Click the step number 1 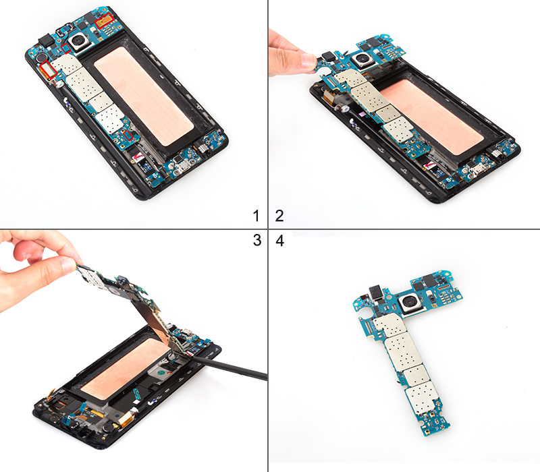click(x=256, y=216)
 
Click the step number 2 click(x=279, y=216)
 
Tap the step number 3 click(x=257, y=240)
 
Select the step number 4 click(x=280, y=241)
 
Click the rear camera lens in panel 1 click(x=80, y=42)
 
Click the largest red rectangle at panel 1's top click(x=104, y=20)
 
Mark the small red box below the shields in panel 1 click(x=128, y=135)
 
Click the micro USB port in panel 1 click(x=181, y=169)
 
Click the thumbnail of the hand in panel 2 click(x=308, y=61)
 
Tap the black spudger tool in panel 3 click(x=227, y=366)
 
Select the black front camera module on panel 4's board click(x=375, y=292)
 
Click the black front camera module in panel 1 click(x=47, y=41)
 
